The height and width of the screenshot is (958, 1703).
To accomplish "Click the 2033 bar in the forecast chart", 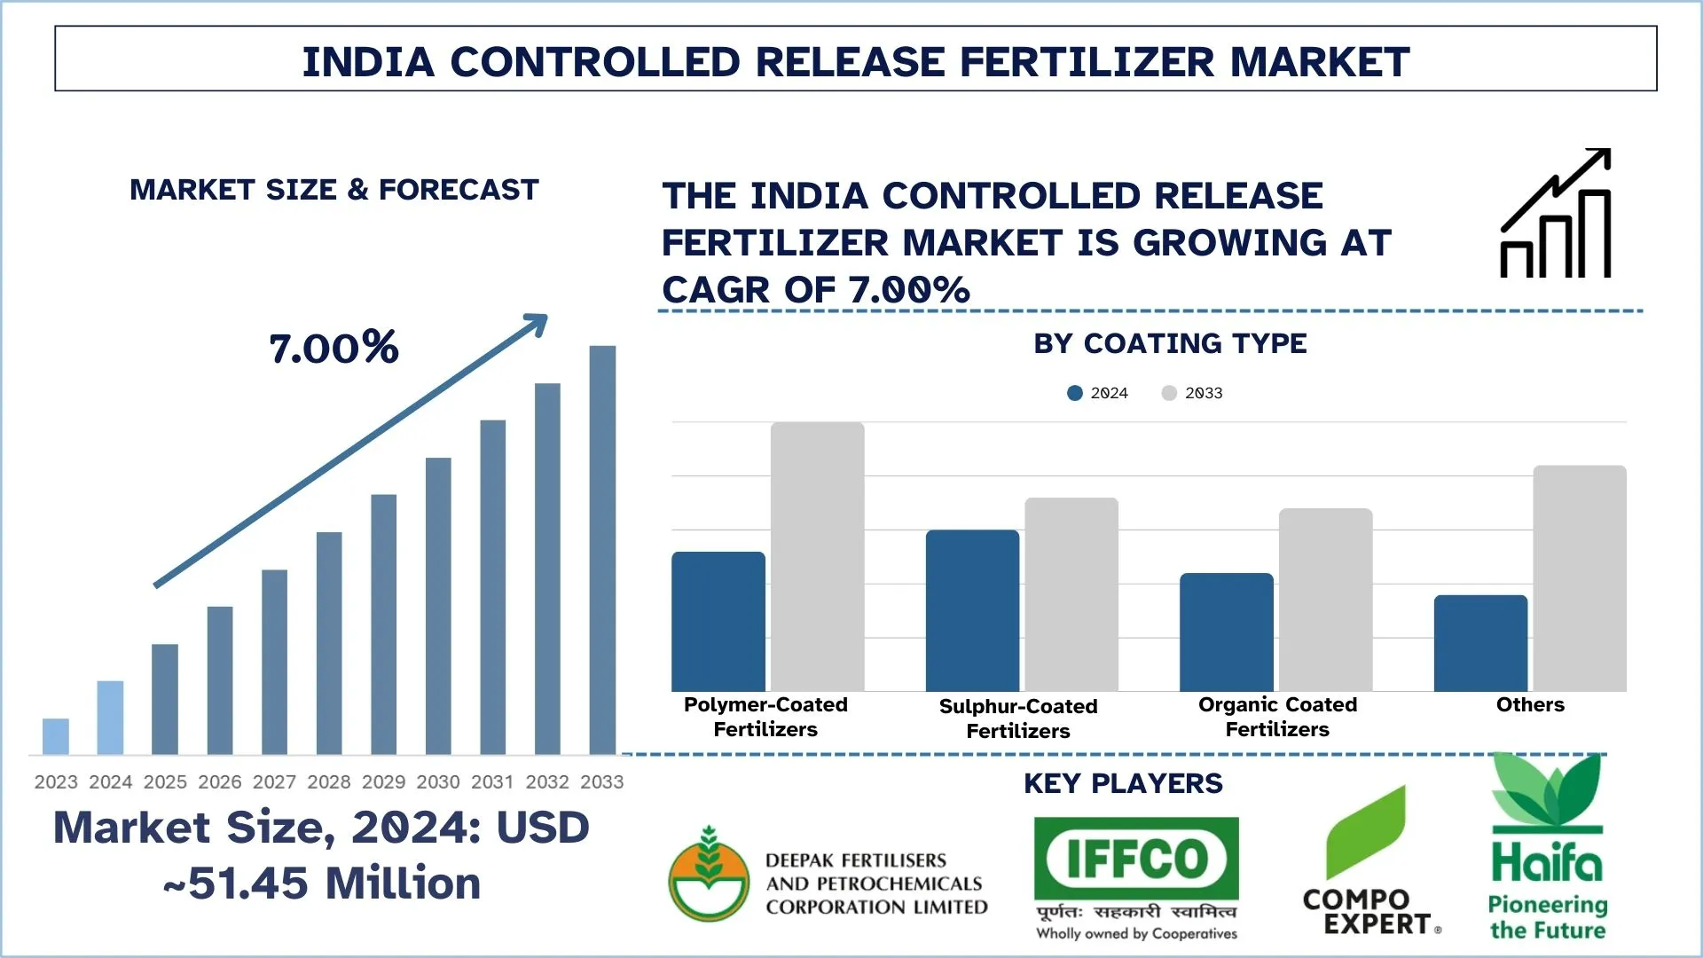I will click(x=602, y=550).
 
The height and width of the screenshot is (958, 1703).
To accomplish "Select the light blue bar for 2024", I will click(x=110, y=718).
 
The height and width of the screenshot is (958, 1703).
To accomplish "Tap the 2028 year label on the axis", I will click(x=329, y=782).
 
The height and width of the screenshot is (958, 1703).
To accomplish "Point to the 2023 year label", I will click(x=56, y=782).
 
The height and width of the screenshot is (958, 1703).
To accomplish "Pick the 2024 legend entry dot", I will click(x=1075, y=393).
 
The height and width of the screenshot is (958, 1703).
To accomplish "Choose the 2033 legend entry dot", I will click(x=1169, y=393).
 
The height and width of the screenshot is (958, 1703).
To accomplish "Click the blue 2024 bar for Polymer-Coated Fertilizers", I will click(x=718, y=622).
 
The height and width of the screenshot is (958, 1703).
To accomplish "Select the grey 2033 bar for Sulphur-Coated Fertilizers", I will click(x=1071, y=594).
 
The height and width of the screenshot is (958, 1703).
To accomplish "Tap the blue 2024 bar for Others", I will click(x=1480, y=643).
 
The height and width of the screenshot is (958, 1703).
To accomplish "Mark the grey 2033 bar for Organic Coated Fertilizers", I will click(x=1325, y=600).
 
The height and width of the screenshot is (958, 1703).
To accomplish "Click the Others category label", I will click(x=1530, y=705).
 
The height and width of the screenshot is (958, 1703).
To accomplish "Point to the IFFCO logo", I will click(x=1136, y=859).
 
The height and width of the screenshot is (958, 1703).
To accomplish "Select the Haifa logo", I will click(x=1548, y=847).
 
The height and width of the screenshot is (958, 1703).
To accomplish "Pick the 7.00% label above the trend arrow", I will click(x=334, y=348).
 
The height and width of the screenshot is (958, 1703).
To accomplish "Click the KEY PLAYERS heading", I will click(x=1123, y=784).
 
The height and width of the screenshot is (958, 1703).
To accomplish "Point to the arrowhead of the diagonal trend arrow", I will click(x=537, y=323).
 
